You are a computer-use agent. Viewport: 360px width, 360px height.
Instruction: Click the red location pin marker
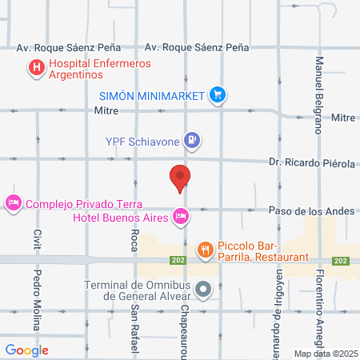(180, 178)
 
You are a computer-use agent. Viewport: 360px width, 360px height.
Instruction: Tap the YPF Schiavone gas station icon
(191, 142)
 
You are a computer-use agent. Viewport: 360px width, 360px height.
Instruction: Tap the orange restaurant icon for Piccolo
(205, 249)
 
